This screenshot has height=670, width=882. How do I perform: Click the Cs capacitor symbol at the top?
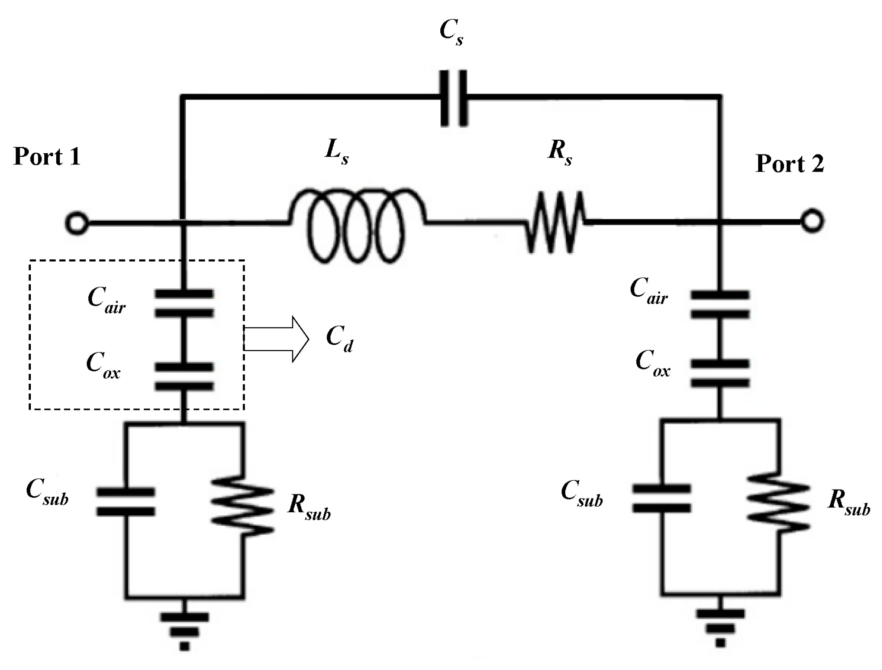click(x=454, y=98)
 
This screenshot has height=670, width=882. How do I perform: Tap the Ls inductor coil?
click(x=357, y=226)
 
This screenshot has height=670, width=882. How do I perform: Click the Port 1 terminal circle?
click(x=76, y=222)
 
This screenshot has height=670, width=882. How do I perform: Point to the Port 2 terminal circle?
click(x=812, y=221)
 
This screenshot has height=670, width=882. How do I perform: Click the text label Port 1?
click(x=47, y=157)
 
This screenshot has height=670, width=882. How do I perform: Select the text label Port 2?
click(x=789, y=163)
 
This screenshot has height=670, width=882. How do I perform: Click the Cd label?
click(x=339, y=338)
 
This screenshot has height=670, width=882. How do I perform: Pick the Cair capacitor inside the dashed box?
click(x=184, y=303)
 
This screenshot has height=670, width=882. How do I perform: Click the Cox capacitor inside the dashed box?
click(x=184, y=377)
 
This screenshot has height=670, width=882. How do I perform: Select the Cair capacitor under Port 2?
click(x=719, y=304)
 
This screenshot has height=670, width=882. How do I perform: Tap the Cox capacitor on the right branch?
click(x=719, y=373)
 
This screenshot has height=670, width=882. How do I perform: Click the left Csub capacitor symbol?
click(x=126, y=502)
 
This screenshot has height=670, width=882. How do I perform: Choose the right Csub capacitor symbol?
click(x=662, y=498)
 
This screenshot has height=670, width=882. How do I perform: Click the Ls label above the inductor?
click(x=336, y=151)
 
